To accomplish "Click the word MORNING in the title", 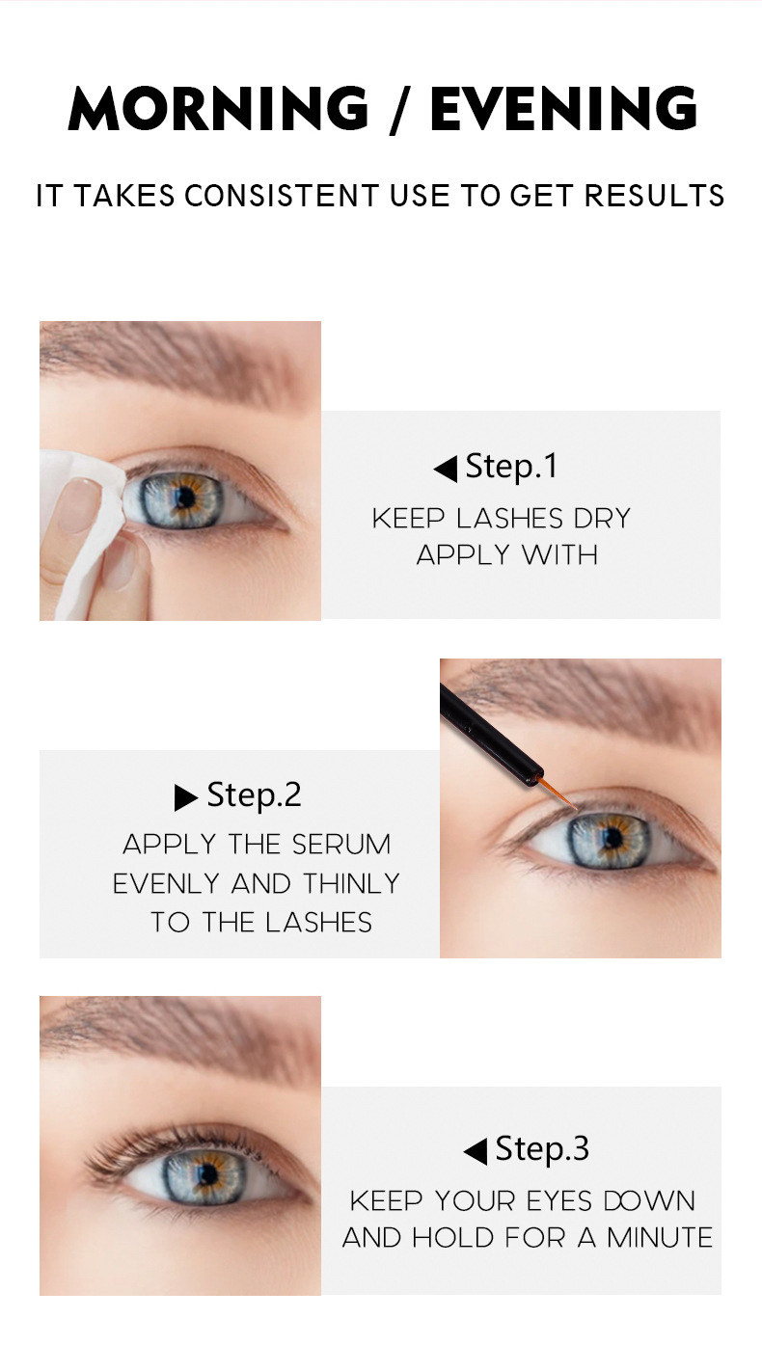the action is [218, 108].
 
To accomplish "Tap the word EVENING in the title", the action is [563, 108].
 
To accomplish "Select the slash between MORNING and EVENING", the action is [399, 109].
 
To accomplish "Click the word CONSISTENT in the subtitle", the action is [282, 196].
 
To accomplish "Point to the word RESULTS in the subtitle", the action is [654, 196].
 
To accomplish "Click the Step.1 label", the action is [511, 468].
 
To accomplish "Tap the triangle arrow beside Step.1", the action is [446, 470].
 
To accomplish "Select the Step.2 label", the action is [255, 795].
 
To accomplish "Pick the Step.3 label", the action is [542, 1148].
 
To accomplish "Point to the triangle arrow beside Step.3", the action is [476, 1151].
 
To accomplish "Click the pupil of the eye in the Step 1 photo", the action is [182, 499].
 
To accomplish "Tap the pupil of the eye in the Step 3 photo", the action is [209, 1173].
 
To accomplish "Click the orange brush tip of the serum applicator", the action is [557, 794].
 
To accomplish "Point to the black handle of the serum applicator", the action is [491, 735].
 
